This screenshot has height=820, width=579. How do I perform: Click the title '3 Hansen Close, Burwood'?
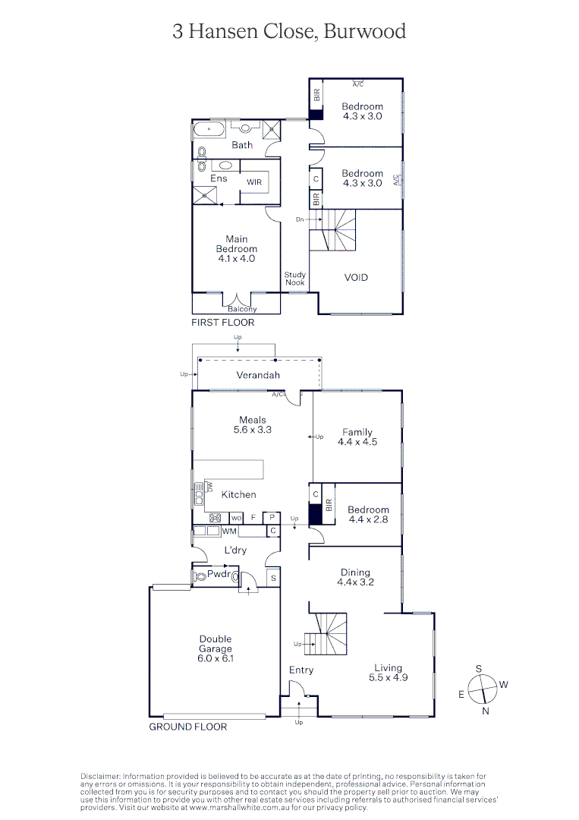pos(289,31)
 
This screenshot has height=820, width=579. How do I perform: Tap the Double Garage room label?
pos(216,649)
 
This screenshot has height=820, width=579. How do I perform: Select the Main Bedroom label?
pos(236,249)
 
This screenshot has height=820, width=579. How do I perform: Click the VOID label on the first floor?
pos(356,278)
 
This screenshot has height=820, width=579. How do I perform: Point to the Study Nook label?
pos(294,279)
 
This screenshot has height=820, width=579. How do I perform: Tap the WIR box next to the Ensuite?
pos(254,183)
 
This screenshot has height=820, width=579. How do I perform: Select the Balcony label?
pos(242,309)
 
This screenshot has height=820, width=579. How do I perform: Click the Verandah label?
pos(258,375)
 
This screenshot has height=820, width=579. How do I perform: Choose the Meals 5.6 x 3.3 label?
pos(253,424)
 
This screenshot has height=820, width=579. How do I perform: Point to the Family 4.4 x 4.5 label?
pos(357,437)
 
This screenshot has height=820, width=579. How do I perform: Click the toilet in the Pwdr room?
pos(200,577)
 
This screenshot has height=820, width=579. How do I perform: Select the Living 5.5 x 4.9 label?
pos(388,673)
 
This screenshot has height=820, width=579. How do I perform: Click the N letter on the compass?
pos(486,711)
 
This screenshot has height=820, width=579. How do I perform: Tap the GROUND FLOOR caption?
pos(187,727)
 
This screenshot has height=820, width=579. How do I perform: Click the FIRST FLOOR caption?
pos(222,323)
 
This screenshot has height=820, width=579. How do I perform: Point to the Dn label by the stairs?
pos(301,219)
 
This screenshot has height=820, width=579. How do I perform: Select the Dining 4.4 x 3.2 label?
pos(355,578)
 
